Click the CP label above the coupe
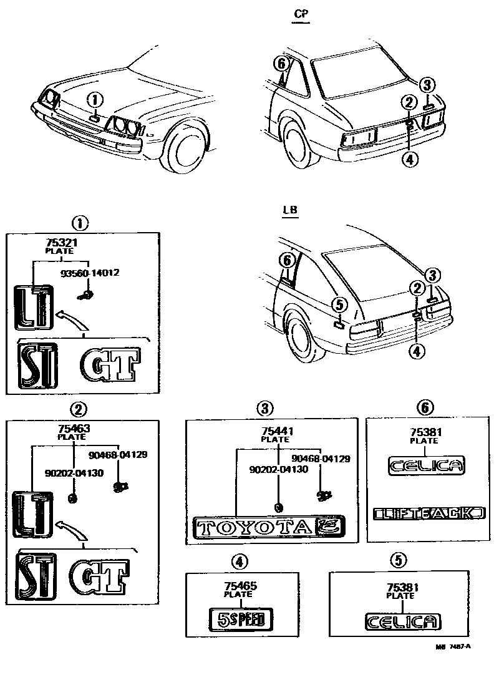[301, 12]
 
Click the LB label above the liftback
[290, 210]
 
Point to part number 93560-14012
[90, 273]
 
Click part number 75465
[240, 586]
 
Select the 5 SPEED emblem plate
[240, 620]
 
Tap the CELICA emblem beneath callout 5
[403, 621]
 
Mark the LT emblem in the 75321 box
[31, 306]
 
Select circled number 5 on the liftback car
[338, 304]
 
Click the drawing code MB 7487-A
[453, 648]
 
